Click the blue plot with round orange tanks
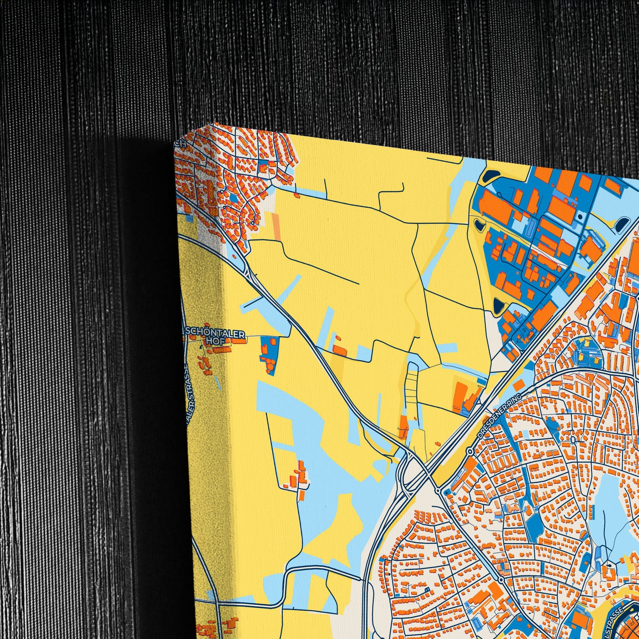point(269,355)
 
